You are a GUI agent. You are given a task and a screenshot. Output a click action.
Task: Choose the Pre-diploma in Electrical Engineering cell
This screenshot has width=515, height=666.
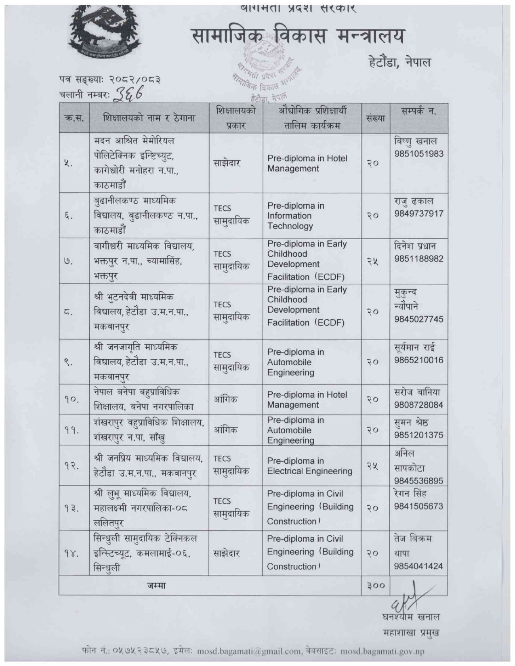click(309, 466)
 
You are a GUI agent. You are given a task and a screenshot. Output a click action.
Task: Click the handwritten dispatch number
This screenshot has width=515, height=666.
click(128, 94)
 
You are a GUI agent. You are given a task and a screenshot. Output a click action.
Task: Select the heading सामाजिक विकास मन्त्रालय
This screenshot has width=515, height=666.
click(297, 36)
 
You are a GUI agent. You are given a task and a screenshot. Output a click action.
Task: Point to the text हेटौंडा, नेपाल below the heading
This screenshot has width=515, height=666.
click(399, 62)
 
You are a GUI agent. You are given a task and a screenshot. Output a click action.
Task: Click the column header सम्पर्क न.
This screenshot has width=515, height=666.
click(418, 111)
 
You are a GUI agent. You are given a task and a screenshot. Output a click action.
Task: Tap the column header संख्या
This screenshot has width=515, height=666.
click(375, 118)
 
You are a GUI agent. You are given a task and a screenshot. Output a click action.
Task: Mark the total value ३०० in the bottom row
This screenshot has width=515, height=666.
click(375, 585)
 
